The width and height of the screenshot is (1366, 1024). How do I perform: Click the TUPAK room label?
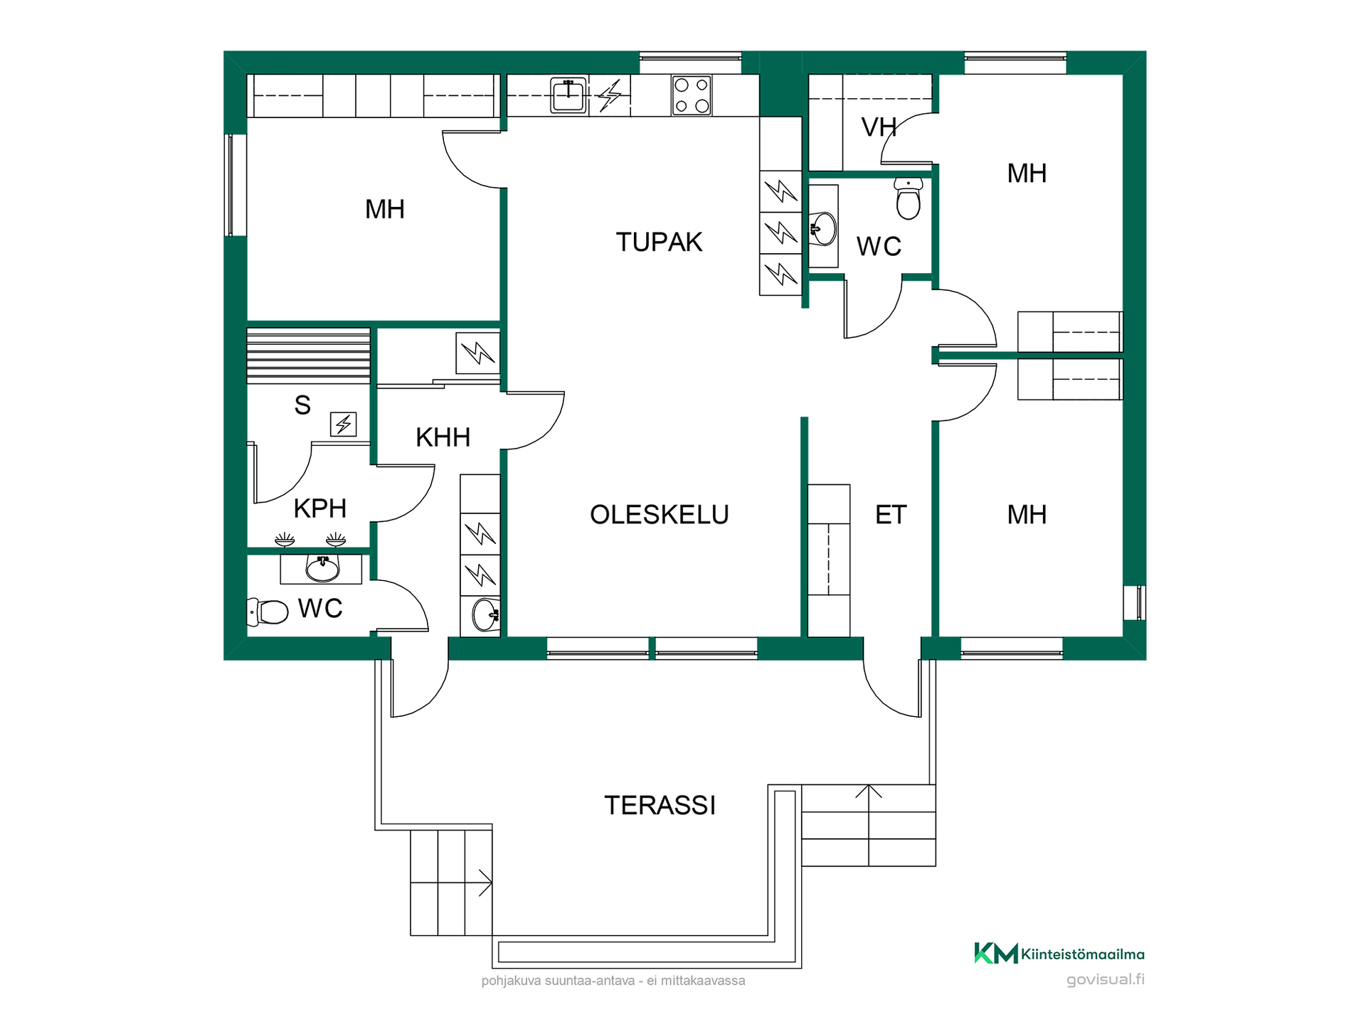click(x=659, y=242)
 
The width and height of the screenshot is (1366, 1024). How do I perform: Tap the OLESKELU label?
click(x=660, y=515)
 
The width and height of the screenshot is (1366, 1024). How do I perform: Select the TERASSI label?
click(x=660, y=806)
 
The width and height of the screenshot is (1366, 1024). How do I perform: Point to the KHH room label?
click(x=443, y=437)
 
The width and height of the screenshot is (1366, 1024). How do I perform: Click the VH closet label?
click(x=879, y=127)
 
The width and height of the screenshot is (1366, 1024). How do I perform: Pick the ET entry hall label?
click(x=891, y=515)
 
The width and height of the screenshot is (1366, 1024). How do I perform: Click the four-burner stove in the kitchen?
click(x=692, y=95)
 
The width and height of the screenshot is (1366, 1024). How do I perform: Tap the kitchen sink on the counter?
click(x=568, y=95)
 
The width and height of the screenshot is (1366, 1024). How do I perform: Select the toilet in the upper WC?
click(x=909, y=198)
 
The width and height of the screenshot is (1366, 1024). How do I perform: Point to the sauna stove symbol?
click(x=344, y=425)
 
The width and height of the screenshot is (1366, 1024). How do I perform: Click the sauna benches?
click(x=309, y=356)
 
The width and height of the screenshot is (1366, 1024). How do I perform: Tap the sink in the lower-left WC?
click(x=322, y=569)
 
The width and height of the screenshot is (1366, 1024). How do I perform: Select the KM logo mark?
click(x=995, y=954)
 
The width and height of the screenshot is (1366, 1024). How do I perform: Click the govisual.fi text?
click(x=1105, y=980)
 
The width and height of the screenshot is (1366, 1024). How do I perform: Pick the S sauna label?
click(x=302, y=405)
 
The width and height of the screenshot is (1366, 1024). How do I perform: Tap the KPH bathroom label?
click(x=319, y=509)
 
